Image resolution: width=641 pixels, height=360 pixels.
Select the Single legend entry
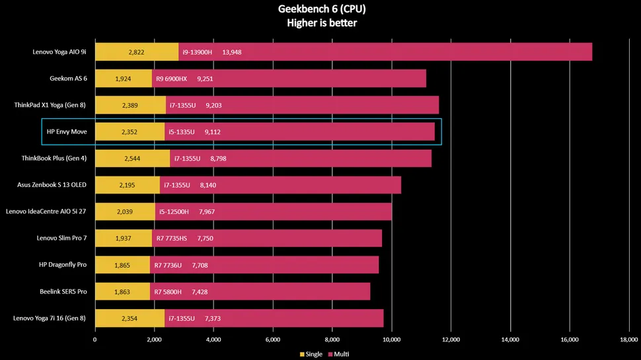(x=311, y=354)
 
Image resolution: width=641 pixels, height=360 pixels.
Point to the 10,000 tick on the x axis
(x=391, y=340)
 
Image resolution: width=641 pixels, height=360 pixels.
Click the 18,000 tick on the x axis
(x=628, y=340)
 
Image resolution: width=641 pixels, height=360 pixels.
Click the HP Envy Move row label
(x=67, y=131)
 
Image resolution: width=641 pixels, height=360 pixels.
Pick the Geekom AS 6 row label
(x=69, y=79)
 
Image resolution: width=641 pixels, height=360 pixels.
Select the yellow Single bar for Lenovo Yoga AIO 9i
(x=137, y=52)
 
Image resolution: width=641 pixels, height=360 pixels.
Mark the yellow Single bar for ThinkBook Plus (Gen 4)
(x=132, y=159)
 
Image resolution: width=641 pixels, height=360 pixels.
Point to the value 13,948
(x=232, y=52)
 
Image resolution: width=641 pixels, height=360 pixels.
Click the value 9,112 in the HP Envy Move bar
(x=214, y=131)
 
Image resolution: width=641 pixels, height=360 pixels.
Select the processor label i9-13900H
(x=197, y=52)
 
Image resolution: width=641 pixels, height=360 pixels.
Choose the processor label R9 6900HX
(x=172, y=79)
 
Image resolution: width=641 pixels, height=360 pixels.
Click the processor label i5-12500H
(x=172, y=211)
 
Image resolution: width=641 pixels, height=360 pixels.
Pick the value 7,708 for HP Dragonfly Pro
(x=200, y=265)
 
